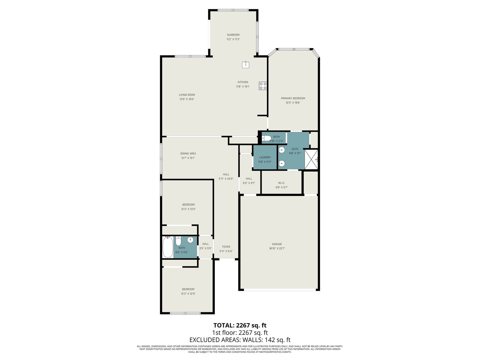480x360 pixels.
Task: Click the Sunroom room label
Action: click(233, 35)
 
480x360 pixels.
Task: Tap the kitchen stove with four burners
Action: click(263, 86)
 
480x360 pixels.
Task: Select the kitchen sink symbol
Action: click(246, 65)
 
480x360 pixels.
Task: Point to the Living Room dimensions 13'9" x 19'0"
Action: click(187, 99)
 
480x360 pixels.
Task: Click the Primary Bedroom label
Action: click(293, 98)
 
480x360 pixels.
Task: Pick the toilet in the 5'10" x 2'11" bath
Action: click(267, 138)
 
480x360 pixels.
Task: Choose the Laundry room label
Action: click(265, 157)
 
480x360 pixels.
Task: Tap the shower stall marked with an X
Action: click(311, 159)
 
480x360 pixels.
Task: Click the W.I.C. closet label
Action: click(281, 183)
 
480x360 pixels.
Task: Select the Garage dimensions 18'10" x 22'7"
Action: click(277, 248)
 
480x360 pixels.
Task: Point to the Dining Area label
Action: click(188, 154)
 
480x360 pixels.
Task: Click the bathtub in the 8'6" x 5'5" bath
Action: click(168, 247)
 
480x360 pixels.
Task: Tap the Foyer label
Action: click(226, 247)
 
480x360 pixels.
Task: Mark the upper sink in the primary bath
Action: click(282, 150)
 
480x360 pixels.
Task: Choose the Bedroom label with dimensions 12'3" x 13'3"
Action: click(188, 205)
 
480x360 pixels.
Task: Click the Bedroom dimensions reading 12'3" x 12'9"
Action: click(188, 294)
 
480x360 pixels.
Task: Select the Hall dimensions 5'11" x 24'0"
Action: click(226, 179)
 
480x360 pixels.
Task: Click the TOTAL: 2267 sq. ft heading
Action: click(240, 325)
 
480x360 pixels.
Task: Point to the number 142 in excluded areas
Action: click(269, 340)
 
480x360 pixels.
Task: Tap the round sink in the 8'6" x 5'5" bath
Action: click(190, 240)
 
